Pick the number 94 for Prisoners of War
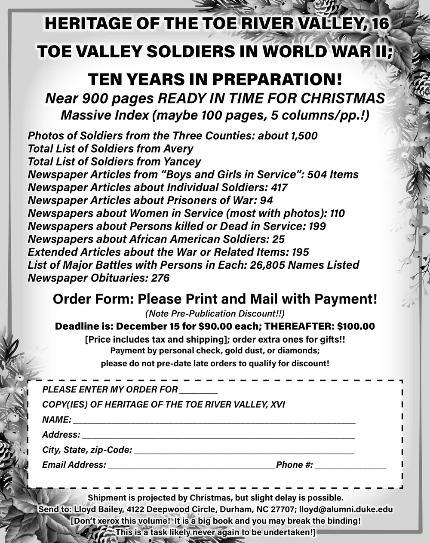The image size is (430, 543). (x=266, y=200)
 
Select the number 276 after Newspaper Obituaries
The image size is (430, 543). (x=160, y=278)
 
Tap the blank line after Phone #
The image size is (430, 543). (x=350, y=467)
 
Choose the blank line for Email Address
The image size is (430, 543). (x=191, y=467)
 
